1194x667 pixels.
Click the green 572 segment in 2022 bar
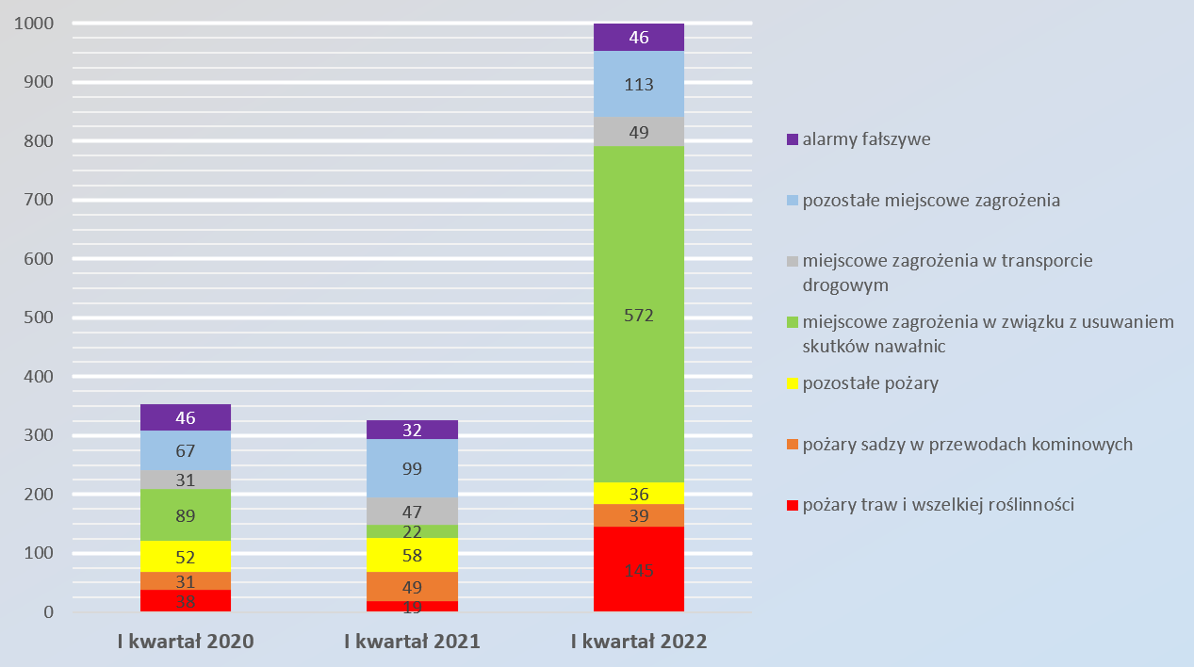(638, 315)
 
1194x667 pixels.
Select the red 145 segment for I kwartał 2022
(638, 569)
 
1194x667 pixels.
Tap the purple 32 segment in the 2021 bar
(412, 430)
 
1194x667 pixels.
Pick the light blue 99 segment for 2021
(412, 468)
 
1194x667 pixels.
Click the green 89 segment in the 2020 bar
(186, 514)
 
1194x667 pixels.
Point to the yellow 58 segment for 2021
(412, 555)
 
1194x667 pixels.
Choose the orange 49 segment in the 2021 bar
(412, 586)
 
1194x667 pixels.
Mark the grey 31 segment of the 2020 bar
(186, 480)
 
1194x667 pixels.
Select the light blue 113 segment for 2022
(638, 84)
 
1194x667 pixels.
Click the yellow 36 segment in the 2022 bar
(638, 493)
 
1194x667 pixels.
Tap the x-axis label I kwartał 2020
(186, 643)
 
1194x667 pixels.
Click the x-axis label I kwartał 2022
(638, 643)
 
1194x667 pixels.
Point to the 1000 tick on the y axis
(34, 24)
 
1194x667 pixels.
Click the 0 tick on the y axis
(48, 612)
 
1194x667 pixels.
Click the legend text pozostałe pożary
(870, 383)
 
